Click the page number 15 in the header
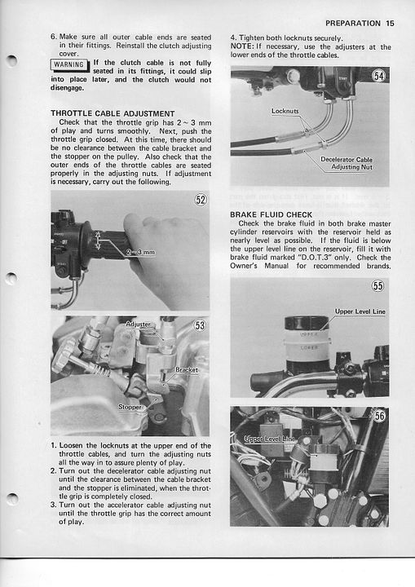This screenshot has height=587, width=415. point(390,23)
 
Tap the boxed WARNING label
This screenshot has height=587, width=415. point(69,64)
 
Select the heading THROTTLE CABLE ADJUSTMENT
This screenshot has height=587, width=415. point(113,114)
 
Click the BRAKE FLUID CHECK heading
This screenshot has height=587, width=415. point(272,215)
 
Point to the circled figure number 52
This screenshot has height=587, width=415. point(201,200)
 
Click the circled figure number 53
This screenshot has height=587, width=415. point(201,325)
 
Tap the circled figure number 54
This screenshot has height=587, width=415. point(378,76)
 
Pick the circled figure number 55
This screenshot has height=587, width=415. point(378,286)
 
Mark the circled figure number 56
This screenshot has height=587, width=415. point(379,416)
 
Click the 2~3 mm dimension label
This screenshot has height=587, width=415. point(140,252)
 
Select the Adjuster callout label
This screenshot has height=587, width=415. point(138,324)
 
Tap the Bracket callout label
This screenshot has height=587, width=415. point(187,370)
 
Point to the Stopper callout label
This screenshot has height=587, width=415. point(130,407)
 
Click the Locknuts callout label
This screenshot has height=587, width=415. point(285,111)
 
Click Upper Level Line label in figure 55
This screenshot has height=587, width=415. point(360,311)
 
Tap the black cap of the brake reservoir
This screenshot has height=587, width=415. point(307,323)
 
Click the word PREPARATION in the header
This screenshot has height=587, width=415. point(353,23)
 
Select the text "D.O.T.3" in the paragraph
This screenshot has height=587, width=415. point(309,258)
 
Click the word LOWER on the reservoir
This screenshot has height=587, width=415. point(309,348)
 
